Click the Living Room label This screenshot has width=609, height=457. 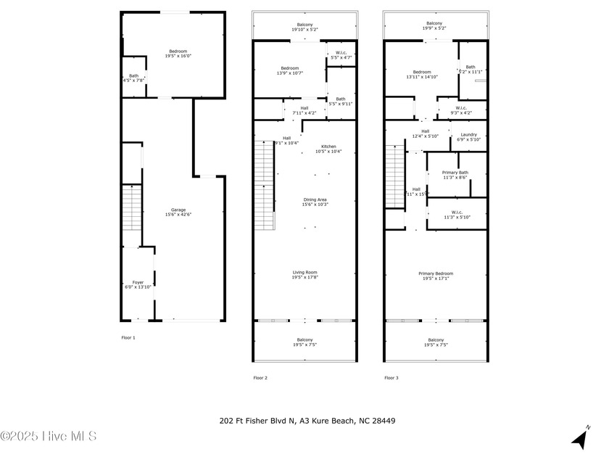pyautogui.click(x=304, y=274)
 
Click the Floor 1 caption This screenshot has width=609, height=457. pyautogui.click(x=128, y=337)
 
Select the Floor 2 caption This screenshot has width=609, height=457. pyautogui.click(x=260, y=377)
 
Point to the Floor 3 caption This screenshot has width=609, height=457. pyautogui.click(x=391, y=377)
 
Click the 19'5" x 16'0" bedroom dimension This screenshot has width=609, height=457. pyautogui.click(x=173, y=56)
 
